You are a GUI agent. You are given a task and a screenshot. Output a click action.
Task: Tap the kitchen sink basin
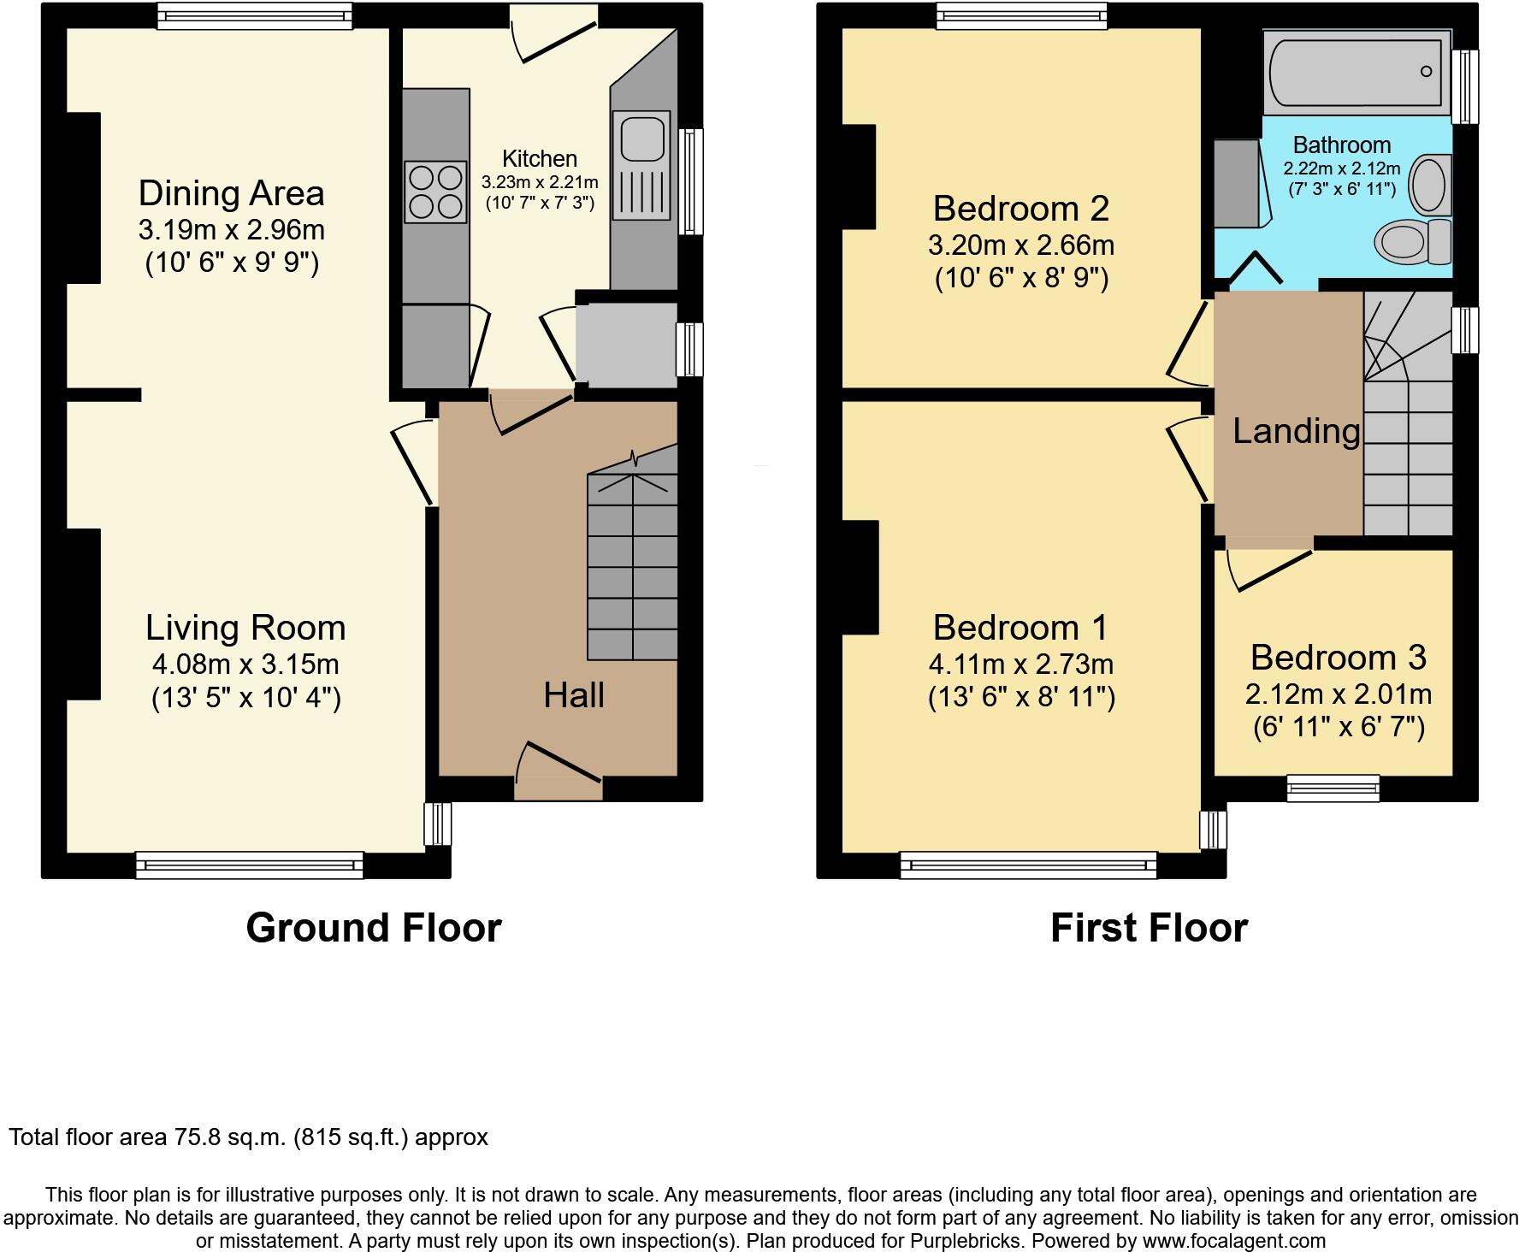[x=641, y=139]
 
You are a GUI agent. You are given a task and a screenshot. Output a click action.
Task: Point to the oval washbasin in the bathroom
[x=1427, y=183]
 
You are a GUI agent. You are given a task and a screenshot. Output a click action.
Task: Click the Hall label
[x=573, y=695]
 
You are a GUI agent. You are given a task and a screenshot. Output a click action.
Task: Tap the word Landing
[x=1296, y=431]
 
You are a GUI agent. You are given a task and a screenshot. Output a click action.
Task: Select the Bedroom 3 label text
[x=1338, y=657]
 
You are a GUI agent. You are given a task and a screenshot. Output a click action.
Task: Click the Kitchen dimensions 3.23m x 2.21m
[x=539, y=182]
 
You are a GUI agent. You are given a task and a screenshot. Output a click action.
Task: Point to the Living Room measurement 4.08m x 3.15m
[x=245, y=664]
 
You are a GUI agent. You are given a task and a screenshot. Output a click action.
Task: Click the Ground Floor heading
[x=373, y=928]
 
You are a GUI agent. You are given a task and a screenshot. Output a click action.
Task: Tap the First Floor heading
[x=1149, y=928]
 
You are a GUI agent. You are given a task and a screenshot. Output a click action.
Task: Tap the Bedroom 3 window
[x=1333, y=788]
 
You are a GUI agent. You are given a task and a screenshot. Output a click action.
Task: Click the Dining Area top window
[x=255, y=16]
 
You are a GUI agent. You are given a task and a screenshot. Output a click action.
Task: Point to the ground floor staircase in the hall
[x=631, y=564]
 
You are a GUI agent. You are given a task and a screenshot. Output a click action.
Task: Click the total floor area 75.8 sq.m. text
[x=248, y=1137]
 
